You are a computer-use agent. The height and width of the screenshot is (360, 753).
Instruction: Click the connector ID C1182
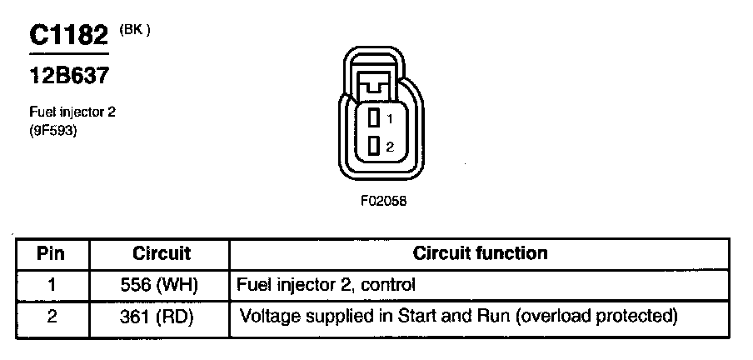(69, 36)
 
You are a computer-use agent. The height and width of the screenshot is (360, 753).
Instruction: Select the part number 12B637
(70, 76)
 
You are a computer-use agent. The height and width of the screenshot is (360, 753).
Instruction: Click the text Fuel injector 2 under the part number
(72, 111)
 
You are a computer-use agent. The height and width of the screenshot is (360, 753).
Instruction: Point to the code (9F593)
(52, 129)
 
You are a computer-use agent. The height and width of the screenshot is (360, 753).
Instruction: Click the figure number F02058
(384, 201)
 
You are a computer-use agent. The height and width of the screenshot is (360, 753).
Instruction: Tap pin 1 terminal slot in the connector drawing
(375, 119)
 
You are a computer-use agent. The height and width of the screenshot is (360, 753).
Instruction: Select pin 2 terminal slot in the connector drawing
(375, 146)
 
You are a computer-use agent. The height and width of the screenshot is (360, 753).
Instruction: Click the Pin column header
(51, 253)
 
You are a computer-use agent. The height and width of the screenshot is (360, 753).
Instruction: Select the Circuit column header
(161, 253)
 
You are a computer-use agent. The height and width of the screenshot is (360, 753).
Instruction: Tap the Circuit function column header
(480, 253)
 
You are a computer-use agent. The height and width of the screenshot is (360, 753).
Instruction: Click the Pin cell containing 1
(51, 285)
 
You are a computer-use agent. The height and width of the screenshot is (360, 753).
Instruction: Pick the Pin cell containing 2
(51, 317)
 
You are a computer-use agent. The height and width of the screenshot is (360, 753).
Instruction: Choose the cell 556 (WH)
(161, 285)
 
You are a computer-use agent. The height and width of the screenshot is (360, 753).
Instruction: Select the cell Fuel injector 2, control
(326, 285)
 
